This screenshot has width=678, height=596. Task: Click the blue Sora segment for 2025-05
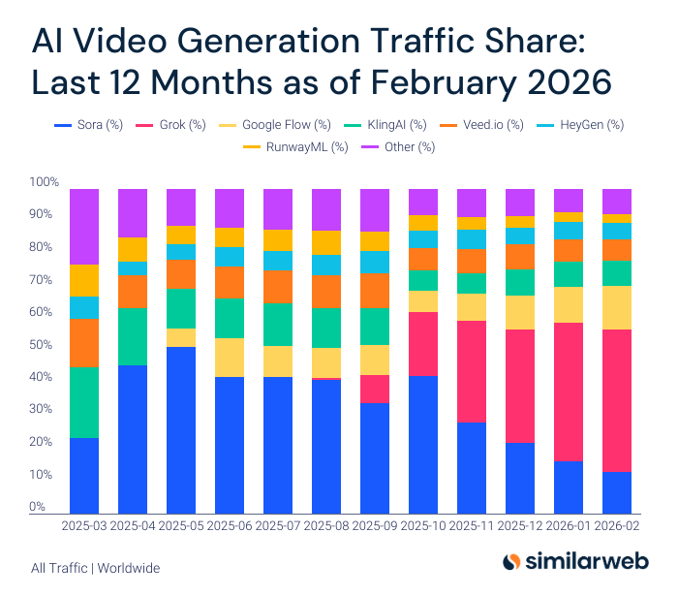click(180, 429)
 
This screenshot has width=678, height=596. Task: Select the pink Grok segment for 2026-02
click(616, 400)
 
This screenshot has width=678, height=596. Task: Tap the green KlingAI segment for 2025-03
click(83, 402)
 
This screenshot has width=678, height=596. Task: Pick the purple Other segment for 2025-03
click(83, 227)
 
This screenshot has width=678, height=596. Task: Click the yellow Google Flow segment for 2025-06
click(229, 358)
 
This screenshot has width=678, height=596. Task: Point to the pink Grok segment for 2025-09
click(374, 389)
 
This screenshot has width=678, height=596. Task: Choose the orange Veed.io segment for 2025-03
click(83, 343)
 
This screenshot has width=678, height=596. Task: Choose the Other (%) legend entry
click(401, 146)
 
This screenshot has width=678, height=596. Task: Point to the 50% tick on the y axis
click(45, 344)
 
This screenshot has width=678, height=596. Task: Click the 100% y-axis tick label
click(45, 182)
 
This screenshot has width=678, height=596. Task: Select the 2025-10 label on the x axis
click(422, 529)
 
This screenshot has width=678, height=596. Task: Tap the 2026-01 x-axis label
click(568, 529)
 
